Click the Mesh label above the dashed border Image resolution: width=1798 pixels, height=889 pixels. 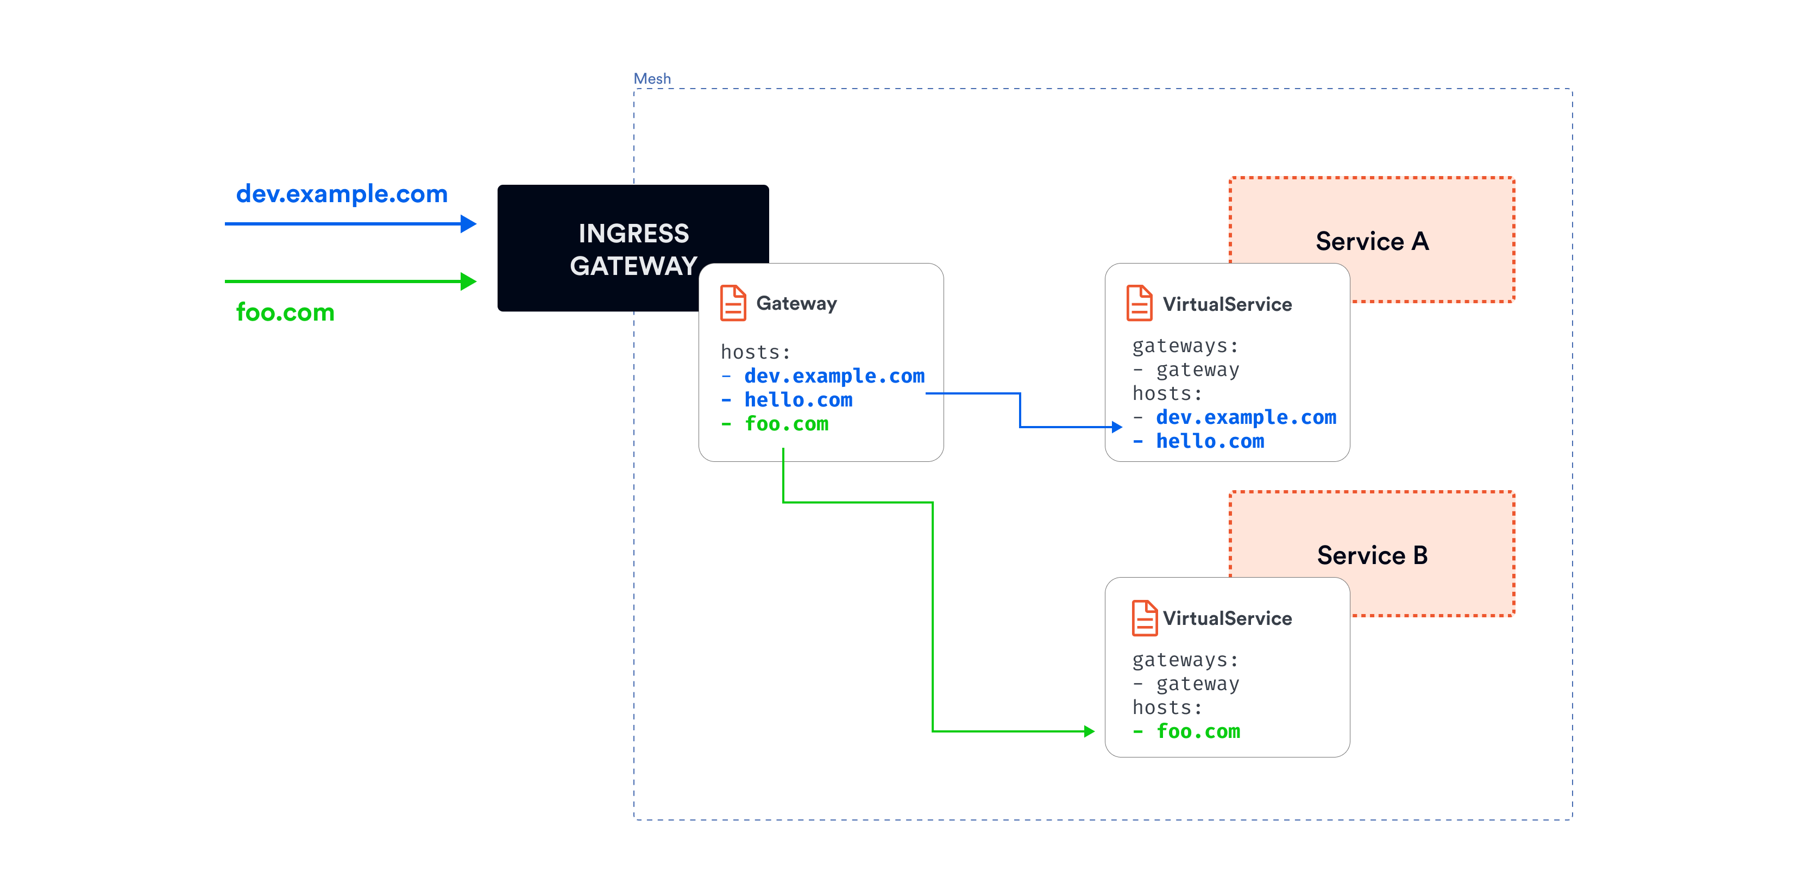(x=651, y=78)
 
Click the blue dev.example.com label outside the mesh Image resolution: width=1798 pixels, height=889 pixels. (x=341, y=193)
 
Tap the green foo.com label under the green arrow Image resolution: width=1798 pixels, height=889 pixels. (x=285, y=312)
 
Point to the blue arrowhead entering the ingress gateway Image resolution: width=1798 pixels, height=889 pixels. (x=468, y=223)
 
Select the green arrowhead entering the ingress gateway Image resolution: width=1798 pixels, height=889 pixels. (x=468, y=281)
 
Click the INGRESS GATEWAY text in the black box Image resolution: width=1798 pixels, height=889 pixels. (x=632, y=249)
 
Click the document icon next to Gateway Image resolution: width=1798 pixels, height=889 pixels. (x=732, y=303)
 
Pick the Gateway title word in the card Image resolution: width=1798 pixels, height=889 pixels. (x=796, y=303)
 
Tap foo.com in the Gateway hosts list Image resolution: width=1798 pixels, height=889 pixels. (x=786, y=424)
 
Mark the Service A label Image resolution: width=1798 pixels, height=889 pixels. (x=1372, y=241)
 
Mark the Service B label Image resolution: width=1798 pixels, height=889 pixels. (x=1372, y=555)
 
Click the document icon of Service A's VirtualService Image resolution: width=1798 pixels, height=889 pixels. (x=1139, y=303)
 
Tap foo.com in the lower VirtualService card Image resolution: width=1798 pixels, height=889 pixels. (x=1198, y=731)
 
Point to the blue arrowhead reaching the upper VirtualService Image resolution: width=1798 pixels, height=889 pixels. (x=1116, y=427)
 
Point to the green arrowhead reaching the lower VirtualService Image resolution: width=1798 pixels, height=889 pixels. (x=1089, y=731)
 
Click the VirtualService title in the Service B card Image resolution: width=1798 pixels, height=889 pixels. (x=1227, y=618)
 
